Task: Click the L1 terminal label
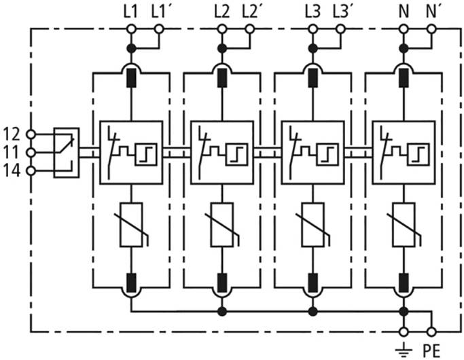click(131, 11)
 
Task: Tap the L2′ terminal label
click(250, 11)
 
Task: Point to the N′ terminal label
click(433, 11)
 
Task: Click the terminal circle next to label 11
click(31, 152)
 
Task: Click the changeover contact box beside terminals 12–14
click(67, 152)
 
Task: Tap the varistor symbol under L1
click(130, 225)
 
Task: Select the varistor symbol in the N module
click(404, 225)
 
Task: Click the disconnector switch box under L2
click(221, 152)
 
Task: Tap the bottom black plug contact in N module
click(404, 281)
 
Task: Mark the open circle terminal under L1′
click(158, 29)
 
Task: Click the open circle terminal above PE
click(431, 331)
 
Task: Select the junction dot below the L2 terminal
click(221, 48)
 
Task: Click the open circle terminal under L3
click(313, 29)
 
